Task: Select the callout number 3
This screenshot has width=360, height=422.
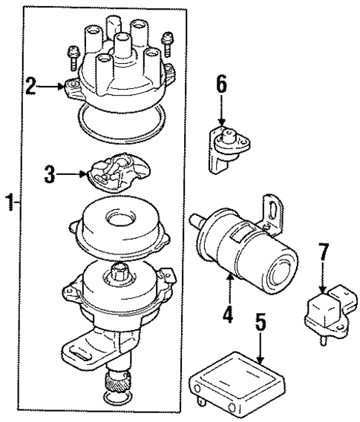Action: click(50, 175)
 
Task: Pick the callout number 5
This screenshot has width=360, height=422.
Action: click(259, 324)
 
